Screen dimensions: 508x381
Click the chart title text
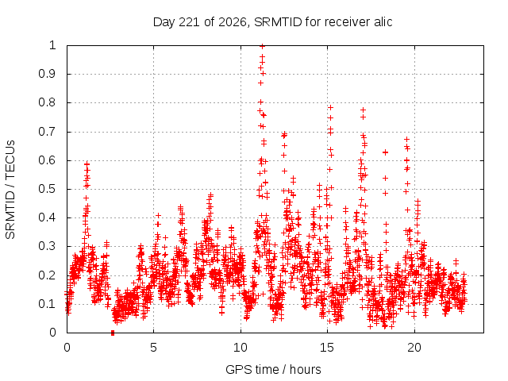click(x=272, y=22)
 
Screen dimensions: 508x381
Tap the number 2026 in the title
click(x=233, y=22)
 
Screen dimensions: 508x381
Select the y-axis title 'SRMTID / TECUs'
click(x=10, y=189)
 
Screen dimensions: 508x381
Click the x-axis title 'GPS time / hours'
click(x=273, y=369)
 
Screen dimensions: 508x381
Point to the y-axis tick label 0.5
click(x=48, y=189)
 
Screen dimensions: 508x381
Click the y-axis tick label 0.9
click(x=48, y=74)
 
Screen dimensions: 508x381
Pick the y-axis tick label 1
click(x=52, y=45)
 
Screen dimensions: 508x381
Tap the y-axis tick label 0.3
click(x=48, y=246)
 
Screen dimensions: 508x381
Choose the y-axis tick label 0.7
click(x=48, y=132)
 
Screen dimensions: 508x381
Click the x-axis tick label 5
click(x=153, y=348)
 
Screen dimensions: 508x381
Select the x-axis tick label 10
click(x=241, y=348)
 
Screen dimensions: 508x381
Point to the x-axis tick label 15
click(x=327, y=348)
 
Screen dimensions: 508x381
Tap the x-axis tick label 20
click(x=414, y=348)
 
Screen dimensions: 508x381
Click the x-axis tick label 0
click(x=67, y=348)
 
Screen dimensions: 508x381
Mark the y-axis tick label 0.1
click(x=48, y=304)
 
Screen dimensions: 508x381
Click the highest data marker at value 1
click(x=263, y=46)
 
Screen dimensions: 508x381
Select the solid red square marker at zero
click(x=113, y=333)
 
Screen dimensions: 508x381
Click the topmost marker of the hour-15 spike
click(x=330, y=108)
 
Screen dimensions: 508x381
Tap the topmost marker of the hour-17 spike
click(x=364, y=110)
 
